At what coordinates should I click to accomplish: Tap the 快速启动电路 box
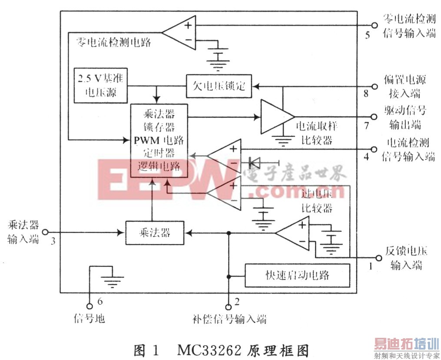(297, 275)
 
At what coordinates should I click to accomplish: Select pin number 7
(367, 126)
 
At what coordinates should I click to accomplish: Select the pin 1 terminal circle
(377, 257)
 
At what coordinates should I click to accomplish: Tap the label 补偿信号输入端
(229, 320)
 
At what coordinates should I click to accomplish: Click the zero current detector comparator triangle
(180, 32)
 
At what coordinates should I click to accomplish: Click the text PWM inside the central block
(147, 140)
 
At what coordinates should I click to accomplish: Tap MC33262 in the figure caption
(206, 350)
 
